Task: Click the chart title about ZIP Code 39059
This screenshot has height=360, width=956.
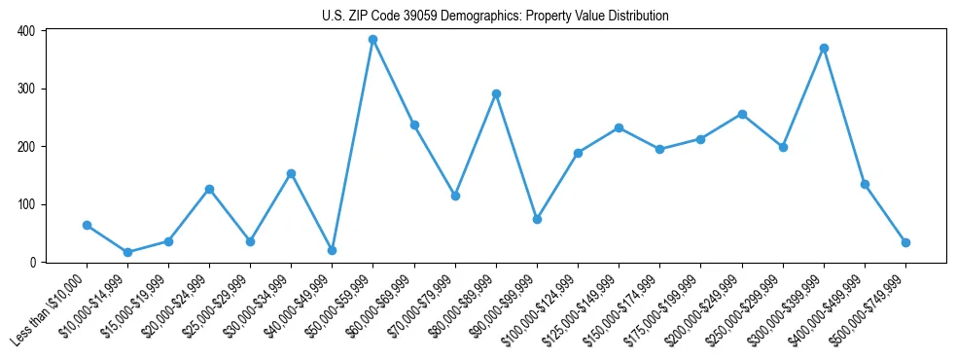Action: click(495, 17)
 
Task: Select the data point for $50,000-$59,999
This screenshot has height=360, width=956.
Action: click(372, 40)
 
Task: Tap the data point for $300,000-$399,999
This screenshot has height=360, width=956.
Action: click(824, 48)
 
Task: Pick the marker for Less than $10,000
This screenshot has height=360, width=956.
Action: click(87, 225)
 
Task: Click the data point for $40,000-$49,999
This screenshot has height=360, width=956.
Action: click(332, 250)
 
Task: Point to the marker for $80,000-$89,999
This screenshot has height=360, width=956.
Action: click(496, 93)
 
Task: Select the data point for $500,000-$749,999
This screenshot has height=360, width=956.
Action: click(905, 242)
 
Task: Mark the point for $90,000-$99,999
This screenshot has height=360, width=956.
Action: click(537, 219)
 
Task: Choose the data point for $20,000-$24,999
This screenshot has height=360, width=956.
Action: click(209, 189)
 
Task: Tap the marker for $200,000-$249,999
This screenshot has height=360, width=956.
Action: click(742, 114)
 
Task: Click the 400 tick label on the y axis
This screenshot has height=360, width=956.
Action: click(25, 31)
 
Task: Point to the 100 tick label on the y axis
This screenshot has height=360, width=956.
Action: click(25, 204)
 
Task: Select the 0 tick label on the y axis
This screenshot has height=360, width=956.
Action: click(31, 263)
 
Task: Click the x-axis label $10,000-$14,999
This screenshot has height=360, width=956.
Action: click(98, 305)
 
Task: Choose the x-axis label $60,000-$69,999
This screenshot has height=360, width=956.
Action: click(384, 305)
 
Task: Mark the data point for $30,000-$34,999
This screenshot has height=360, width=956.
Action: click(291, 173)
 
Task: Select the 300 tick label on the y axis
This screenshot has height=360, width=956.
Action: click(25, 89)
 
